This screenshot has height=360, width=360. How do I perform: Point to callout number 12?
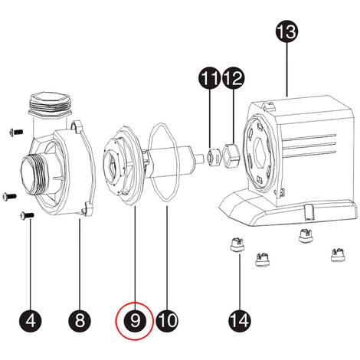(x=233, y=78)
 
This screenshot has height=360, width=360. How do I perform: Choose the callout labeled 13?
(x=286, y=33)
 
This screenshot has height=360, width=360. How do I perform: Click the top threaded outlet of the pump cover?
(x=49, y=103)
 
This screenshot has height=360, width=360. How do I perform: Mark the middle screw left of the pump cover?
(x=8, y=194)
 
